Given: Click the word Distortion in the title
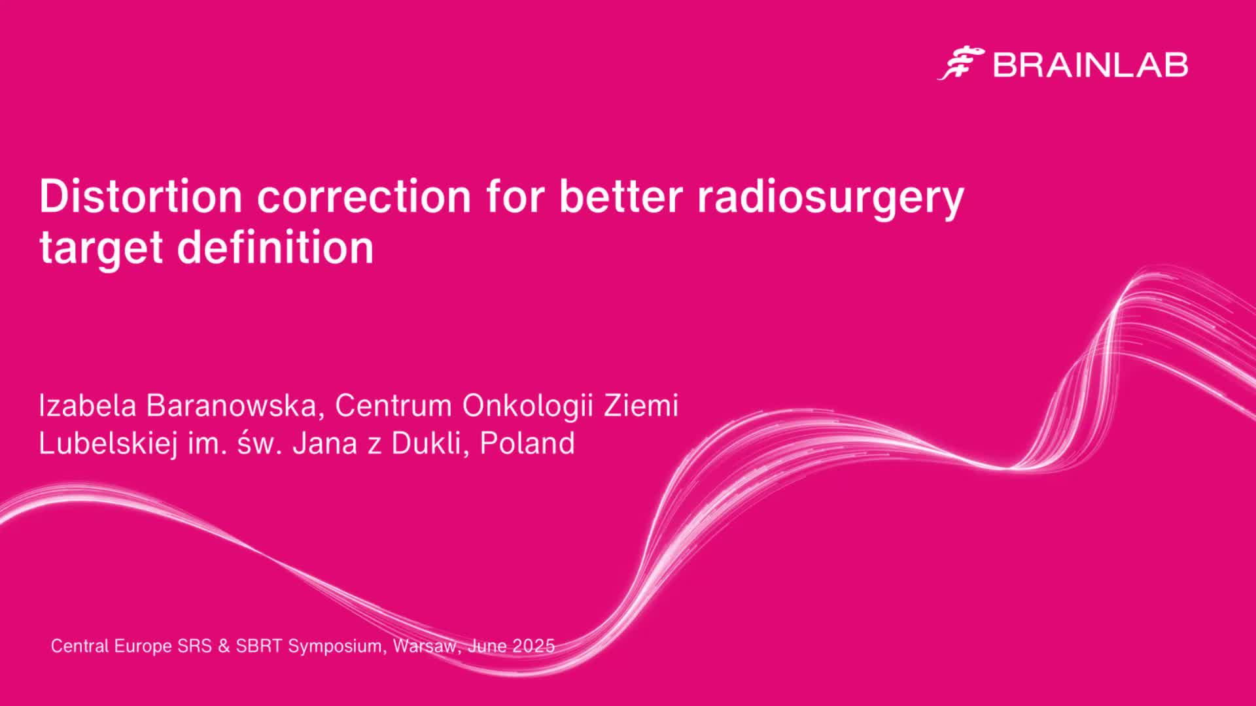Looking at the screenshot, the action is [x=141, y=195].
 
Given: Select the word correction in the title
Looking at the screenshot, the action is [x=364, y=195].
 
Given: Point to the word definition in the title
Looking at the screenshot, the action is [x=275, y=247].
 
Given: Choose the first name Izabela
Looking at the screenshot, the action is [x=88, y=405].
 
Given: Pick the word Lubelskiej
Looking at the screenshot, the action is [x=108, y=444].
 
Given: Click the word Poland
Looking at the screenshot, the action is [x=527, y=443].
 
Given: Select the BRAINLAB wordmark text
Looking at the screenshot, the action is [x=1090, y=65].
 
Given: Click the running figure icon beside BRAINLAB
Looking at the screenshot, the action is [x=961, y=63].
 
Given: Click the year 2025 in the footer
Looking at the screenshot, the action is [x=533, y=646].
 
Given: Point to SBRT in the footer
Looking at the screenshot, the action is [x=259, y=646].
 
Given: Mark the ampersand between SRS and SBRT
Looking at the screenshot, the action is [x=224, y=646].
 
